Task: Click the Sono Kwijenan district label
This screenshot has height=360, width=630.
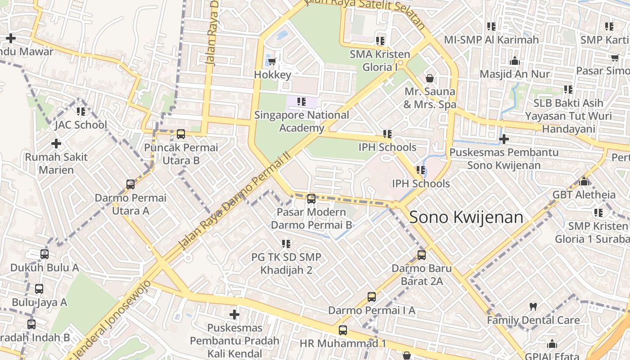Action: [467, 217]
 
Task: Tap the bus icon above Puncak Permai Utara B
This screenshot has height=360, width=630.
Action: [181, 134]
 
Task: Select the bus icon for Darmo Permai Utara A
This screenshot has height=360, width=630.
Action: [130, 184]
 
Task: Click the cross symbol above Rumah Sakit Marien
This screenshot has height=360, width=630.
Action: [56, 144]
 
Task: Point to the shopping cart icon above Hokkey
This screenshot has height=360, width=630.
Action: [271, 61]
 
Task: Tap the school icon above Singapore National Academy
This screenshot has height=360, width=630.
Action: [301, 102]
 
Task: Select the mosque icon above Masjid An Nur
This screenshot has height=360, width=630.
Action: [514, 60]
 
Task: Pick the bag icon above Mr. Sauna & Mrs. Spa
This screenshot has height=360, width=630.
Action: [430, 78]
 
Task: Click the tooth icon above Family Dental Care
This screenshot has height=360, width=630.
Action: [533, 307]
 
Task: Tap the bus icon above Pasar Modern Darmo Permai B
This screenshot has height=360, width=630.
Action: [311, 198]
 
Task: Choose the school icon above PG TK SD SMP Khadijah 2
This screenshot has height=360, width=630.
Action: [286, 244]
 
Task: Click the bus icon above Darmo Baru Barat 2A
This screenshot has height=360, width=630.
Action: [422, 255]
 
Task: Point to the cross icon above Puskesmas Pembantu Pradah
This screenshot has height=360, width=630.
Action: [234, 314]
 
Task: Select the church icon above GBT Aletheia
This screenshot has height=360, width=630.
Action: [584, 181]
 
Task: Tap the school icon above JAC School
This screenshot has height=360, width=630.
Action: [81, 111]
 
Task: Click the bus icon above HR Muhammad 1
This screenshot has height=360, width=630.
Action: [343, 330]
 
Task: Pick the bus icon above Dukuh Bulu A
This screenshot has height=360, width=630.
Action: [45, 254]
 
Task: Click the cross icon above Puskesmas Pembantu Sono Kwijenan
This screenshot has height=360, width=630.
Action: [504, 139]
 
